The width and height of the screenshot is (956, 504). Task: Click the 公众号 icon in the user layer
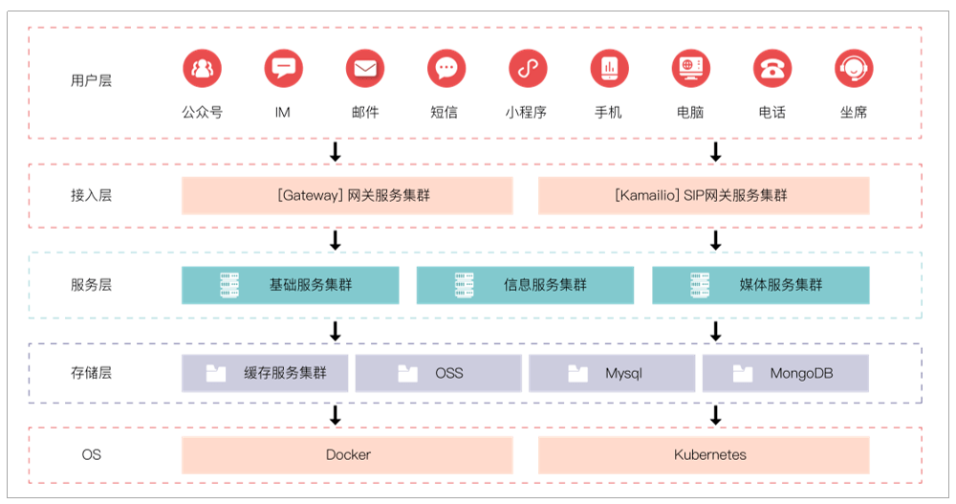point(202,69)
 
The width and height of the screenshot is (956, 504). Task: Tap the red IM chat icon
point(283,69)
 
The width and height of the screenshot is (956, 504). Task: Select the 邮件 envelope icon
point(365,69)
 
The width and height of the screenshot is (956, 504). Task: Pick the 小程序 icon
point(526,69)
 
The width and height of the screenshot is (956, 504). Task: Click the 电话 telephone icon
point(771,69)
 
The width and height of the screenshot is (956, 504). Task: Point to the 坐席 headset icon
point(854,69)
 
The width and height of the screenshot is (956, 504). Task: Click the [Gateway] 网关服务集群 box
point(347,195)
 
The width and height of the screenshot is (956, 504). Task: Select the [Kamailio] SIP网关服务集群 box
point(704,195)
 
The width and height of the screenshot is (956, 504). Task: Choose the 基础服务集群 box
point(291,285)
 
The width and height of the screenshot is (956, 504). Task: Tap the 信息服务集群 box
point(525,285)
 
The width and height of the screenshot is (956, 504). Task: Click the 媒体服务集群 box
point(761,285)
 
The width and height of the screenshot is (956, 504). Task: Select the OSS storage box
point(438,373)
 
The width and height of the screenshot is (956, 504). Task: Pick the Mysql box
point(612,373)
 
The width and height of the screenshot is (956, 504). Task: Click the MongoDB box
point(785,373)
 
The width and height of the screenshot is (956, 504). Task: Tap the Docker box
point(347,455)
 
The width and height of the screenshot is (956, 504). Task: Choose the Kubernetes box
point(704,455)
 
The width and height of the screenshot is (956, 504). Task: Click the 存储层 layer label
point(91,373)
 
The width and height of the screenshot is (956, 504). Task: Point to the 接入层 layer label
point(91,195)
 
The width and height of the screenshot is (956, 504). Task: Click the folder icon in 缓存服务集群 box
point(216,373)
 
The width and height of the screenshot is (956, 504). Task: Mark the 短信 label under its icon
point(444,112)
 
